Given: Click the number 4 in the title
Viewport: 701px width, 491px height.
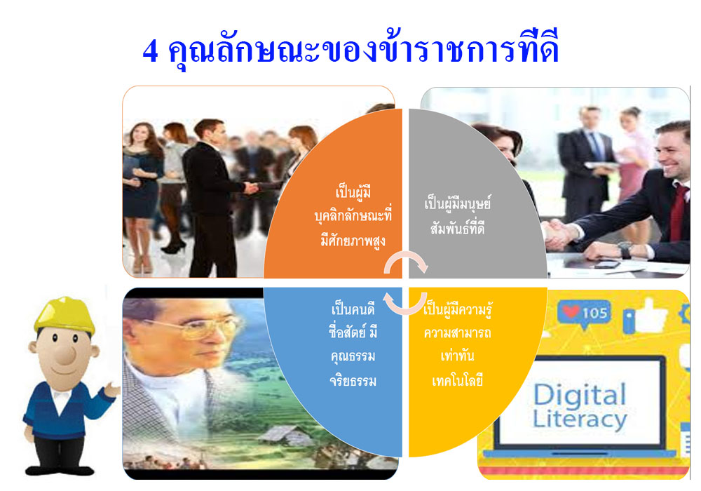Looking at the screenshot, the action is (150, 51).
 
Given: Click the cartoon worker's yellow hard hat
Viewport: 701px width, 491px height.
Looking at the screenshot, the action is (64, 314).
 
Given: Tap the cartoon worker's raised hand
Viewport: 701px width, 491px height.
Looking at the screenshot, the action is (111, 390).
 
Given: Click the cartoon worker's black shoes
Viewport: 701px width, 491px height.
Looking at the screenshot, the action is (60, 469).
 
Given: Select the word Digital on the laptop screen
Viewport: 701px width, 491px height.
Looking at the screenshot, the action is (580, 395).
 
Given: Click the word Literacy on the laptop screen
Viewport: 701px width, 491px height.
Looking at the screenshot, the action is (580, 419).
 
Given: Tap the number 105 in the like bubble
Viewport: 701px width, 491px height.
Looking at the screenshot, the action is (594, 313).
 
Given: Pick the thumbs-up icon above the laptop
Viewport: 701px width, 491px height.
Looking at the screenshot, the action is (647, 314).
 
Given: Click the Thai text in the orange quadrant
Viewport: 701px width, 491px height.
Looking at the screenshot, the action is (353, 217).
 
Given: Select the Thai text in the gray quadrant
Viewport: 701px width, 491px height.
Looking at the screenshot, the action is (457, 215).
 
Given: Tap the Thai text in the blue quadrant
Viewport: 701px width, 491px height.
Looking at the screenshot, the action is (353, 344).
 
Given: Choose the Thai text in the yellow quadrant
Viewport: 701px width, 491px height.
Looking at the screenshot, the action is (457, 344).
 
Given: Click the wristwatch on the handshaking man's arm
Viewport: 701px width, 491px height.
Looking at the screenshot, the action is (625, 250).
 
